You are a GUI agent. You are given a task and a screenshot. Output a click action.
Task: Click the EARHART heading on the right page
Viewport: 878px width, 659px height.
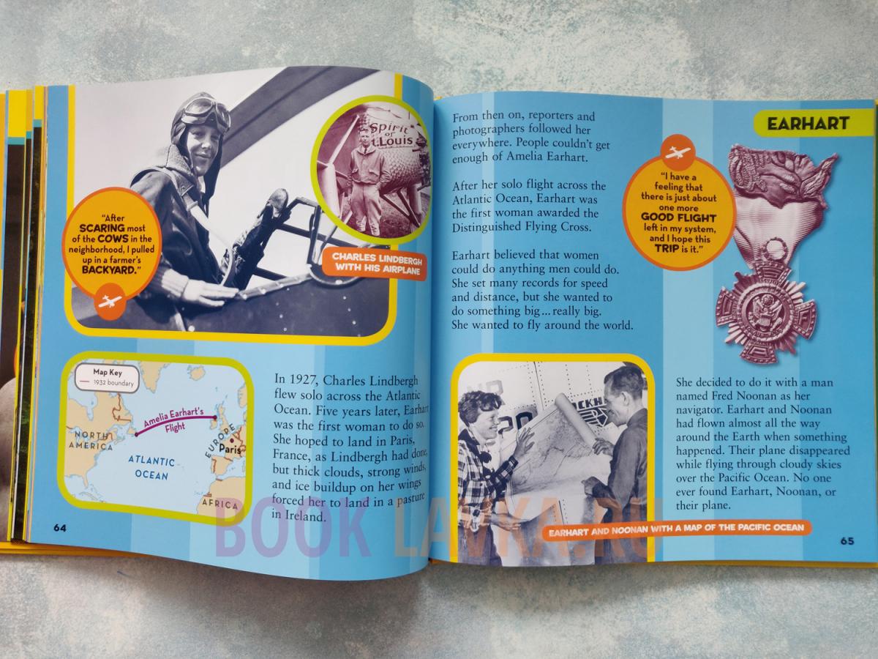(x=808, y=124)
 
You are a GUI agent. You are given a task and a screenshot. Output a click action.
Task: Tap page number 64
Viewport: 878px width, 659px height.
(x=59, y=528)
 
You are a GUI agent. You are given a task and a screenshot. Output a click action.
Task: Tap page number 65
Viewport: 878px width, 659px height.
(x=847, y=541)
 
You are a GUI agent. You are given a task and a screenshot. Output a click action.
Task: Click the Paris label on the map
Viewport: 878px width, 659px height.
(x=230, y=449)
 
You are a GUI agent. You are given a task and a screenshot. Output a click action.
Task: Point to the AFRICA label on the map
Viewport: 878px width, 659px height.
(x=219, y=504)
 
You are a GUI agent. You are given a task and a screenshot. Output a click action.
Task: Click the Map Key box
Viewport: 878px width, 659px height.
(x=108, y=377)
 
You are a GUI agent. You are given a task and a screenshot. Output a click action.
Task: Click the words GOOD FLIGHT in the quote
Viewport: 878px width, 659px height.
(x=678, y=218)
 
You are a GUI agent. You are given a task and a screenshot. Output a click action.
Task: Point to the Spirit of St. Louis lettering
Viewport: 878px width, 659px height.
(x=393, y=135)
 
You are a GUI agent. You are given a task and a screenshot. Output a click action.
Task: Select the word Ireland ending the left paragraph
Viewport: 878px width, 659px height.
(x=298, y=515)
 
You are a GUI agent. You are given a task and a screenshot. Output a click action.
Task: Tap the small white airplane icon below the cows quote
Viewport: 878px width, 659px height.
(x=111, y=302)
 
